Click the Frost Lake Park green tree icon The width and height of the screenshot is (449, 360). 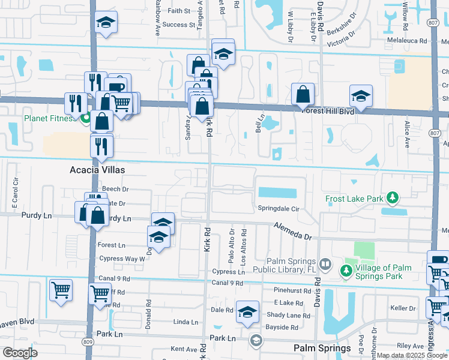pyautogui.click(x=393, y=197)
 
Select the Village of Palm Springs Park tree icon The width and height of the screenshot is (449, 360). pyautogui.click(x=346, y=271)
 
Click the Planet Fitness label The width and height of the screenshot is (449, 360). pyautogui.click(x=49, y=118)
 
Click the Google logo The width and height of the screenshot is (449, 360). pyautogui.click(x=20, y=353)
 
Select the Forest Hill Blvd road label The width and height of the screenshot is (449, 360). pyautogui.click(x=328, y=110)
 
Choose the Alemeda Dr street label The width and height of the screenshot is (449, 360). pyautogui.click(x=294, y=232)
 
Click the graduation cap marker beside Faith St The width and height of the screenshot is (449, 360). pyautogui.click(x=106, y=23)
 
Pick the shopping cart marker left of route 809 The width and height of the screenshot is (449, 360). pyautogui.click(x=61, y=290)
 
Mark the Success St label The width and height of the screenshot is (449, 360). pyautogui.click(x=179, y=25)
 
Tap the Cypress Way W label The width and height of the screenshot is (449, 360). pyautogui.click(x=121, y=259)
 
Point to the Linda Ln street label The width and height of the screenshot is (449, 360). pyautogui.click(x=185, y=323)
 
